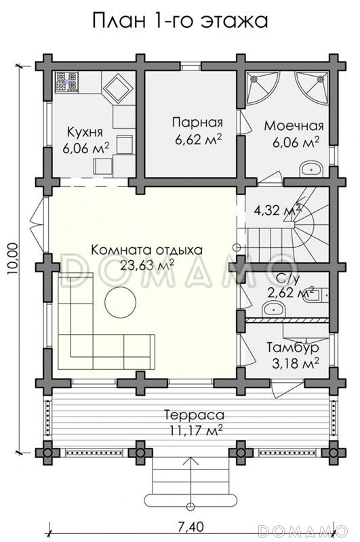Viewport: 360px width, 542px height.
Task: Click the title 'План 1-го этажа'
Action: pos(180,20)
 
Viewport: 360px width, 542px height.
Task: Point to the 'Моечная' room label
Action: pos(294,126)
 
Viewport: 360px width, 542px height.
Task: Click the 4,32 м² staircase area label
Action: pos(277,211)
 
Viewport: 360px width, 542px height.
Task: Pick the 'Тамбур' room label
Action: pos(293,347)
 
